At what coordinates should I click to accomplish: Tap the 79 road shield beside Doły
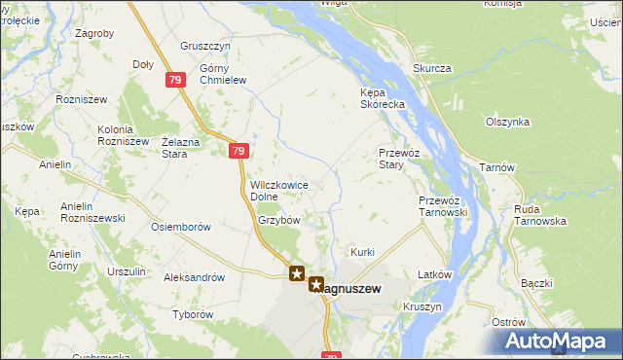point(174,81)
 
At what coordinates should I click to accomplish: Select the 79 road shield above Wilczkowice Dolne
point(239,151)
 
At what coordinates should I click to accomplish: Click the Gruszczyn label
point(205,46)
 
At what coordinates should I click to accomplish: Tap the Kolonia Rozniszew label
point(122,135)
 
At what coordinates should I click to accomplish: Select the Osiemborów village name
point(181,227)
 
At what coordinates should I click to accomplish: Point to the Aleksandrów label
point(195,277)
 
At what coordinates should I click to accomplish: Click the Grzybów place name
point(278,220)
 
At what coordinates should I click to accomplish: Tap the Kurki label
point(363,252)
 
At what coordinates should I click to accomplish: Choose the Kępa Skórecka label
point(375,98)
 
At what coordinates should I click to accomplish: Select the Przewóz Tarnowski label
point(444,206)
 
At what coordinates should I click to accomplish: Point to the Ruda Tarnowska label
point(541,214)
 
